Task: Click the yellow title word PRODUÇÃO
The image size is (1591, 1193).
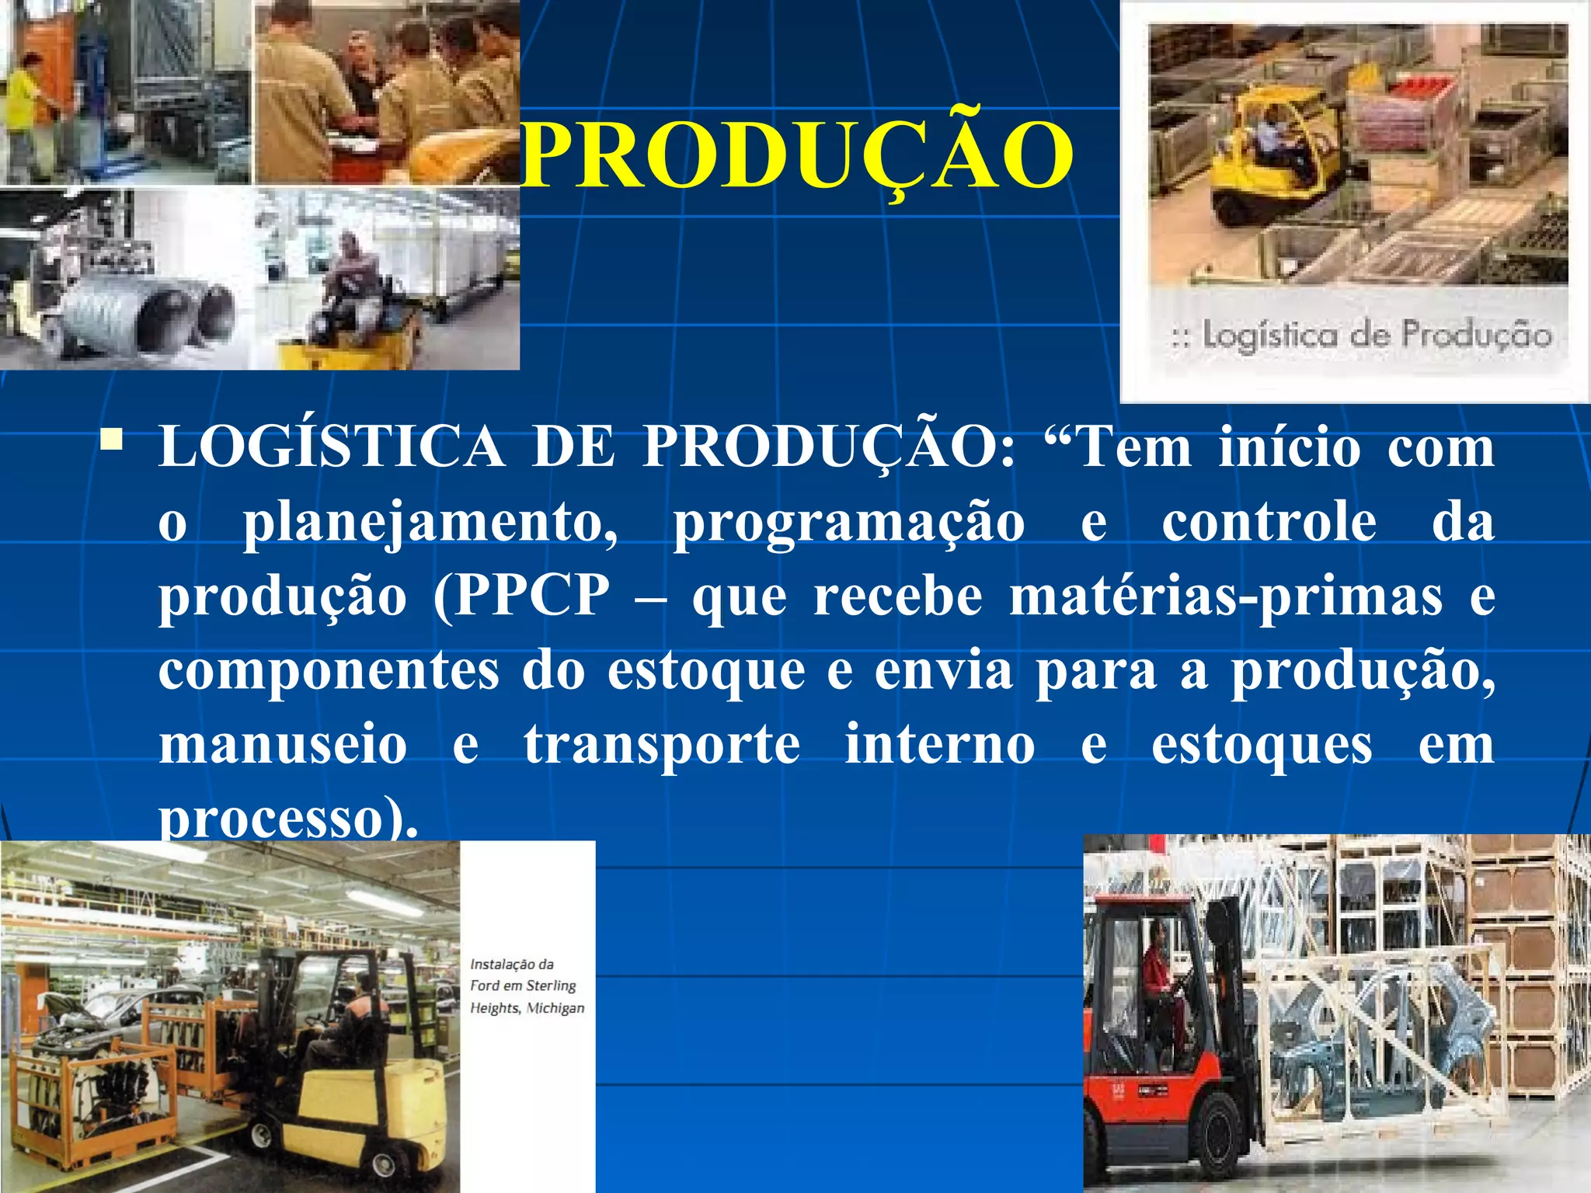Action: tap(796, 155)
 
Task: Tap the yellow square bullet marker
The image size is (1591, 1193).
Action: tap(112, 440)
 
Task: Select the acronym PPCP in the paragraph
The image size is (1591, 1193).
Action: tap(532, 596)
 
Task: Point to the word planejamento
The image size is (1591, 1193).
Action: tap(430, 523)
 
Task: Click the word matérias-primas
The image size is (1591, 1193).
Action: tap(1225, 596)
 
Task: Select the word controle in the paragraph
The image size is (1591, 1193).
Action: tap(1269, 522)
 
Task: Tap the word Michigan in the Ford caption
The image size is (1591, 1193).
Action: tap(555, 1008)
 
